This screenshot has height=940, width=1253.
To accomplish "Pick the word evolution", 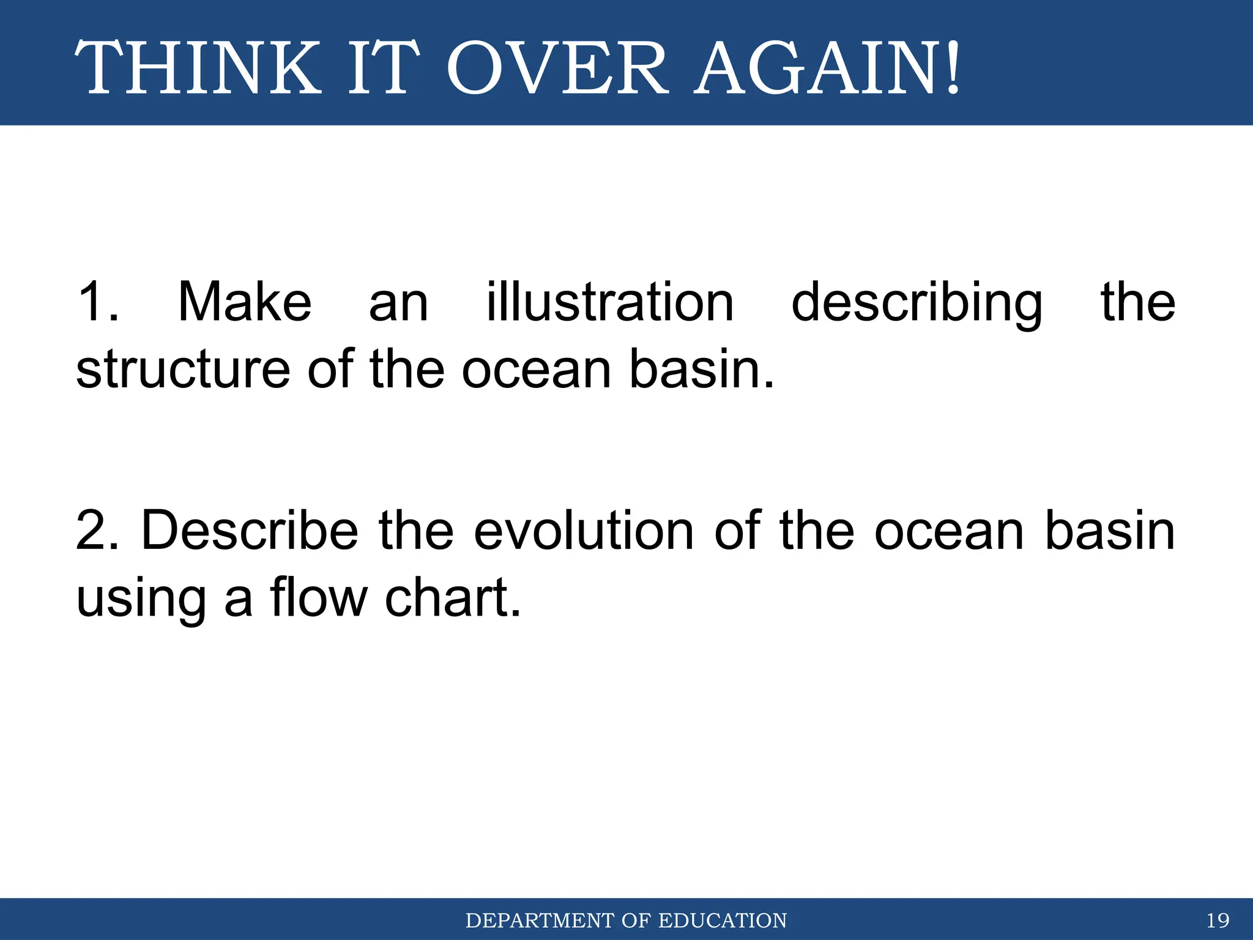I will pyautogui.click(x=584, y=531).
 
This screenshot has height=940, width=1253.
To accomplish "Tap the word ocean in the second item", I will pyautogui.click(x=949, y=531).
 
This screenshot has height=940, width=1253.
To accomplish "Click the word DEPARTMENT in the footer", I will pyautogui.click(x=539, y=920).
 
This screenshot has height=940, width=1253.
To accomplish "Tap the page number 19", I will pyautogui.click(x=1218, y=920).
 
